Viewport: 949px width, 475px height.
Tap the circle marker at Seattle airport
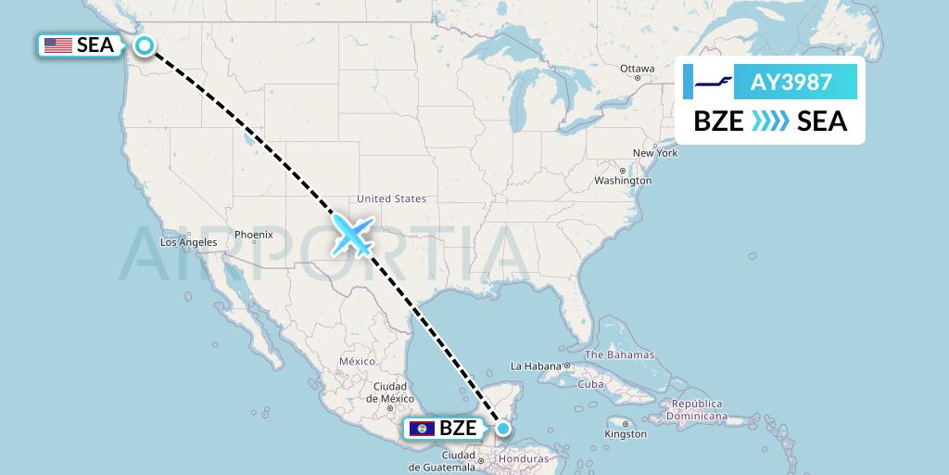(145, 45)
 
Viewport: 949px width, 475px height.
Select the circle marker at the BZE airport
(502, 429)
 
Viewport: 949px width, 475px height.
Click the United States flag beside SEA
(58, 45)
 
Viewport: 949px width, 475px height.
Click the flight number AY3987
(791, 83)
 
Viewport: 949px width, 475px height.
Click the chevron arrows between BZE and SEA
(770, 121)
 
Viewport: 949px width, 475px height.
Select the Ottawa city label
(638, 69)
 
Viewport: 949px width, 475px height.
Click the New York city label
(655, 152)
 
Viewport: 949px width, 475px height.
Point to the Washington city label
(623, 180)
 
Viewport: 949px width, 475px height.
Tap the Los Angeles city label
(188, 242)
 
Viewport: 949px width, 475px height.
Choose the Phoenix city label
(253, 235)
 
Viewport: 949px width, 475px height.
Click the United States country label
(391, 199)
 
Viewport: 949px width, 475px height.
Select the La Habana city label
(537, 366)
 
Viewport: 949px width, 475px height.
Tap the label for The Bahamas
(619, 354)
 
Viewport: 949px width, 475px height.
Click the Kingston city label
(626, 433)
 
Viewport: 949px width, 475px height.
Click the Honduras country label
(524, 458)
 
